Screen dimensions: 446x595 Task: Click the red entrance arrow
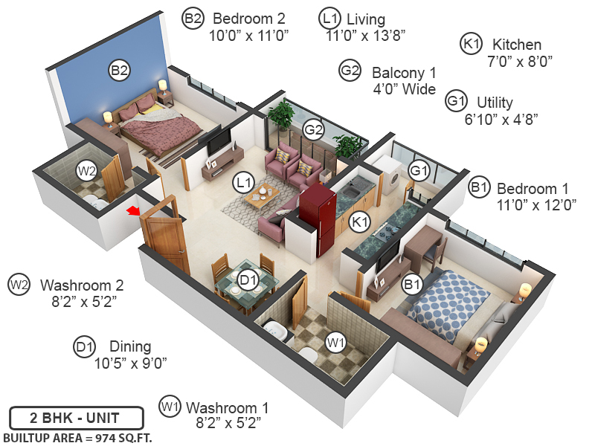[133, 213]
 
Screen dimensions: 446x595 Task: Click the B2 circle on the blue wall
[120, 71]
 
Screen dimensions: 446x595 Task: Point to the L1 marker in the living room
[242, 181]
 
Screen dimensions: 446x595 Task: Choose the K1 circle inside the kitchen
[361, 221]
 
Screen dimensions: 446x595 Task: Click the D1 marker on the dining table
[248, 280]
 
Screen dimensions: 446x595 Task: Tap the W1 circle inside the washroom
[336, 342]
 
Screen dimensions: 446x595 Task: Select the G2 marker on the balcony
[314, 130]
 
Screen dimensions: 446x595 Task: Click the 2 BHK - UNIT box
[65, 416]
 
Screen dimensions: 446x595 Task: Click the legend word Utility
[495, 103]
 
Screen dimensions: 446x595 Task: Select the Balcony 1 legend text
[404, 73]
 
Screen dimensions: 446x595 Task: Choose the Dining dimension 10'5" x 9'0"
[130, 363]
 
